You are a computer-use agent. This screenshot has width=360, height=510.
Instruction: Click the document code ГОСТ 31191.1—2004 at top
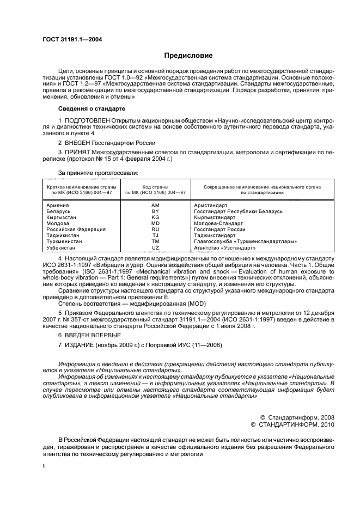pos(72,39)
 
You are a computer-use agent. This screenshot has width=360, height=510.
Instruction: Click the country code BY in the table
pos(155,211)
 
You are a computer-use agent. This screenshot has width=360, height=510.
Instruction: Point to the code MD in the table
pos(155,223)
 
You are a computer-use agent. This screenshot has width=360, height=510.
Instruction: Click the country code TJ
pos(155,235)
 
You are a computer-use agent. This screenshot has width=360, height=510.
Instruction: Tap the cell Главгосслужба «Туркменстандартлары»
pos(253,241)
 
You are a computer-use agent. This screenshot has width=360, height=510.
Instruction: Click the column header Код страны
pos(155,187)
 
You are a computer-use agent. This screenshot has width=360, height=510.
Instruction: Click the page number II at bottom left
pos(45,466)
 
